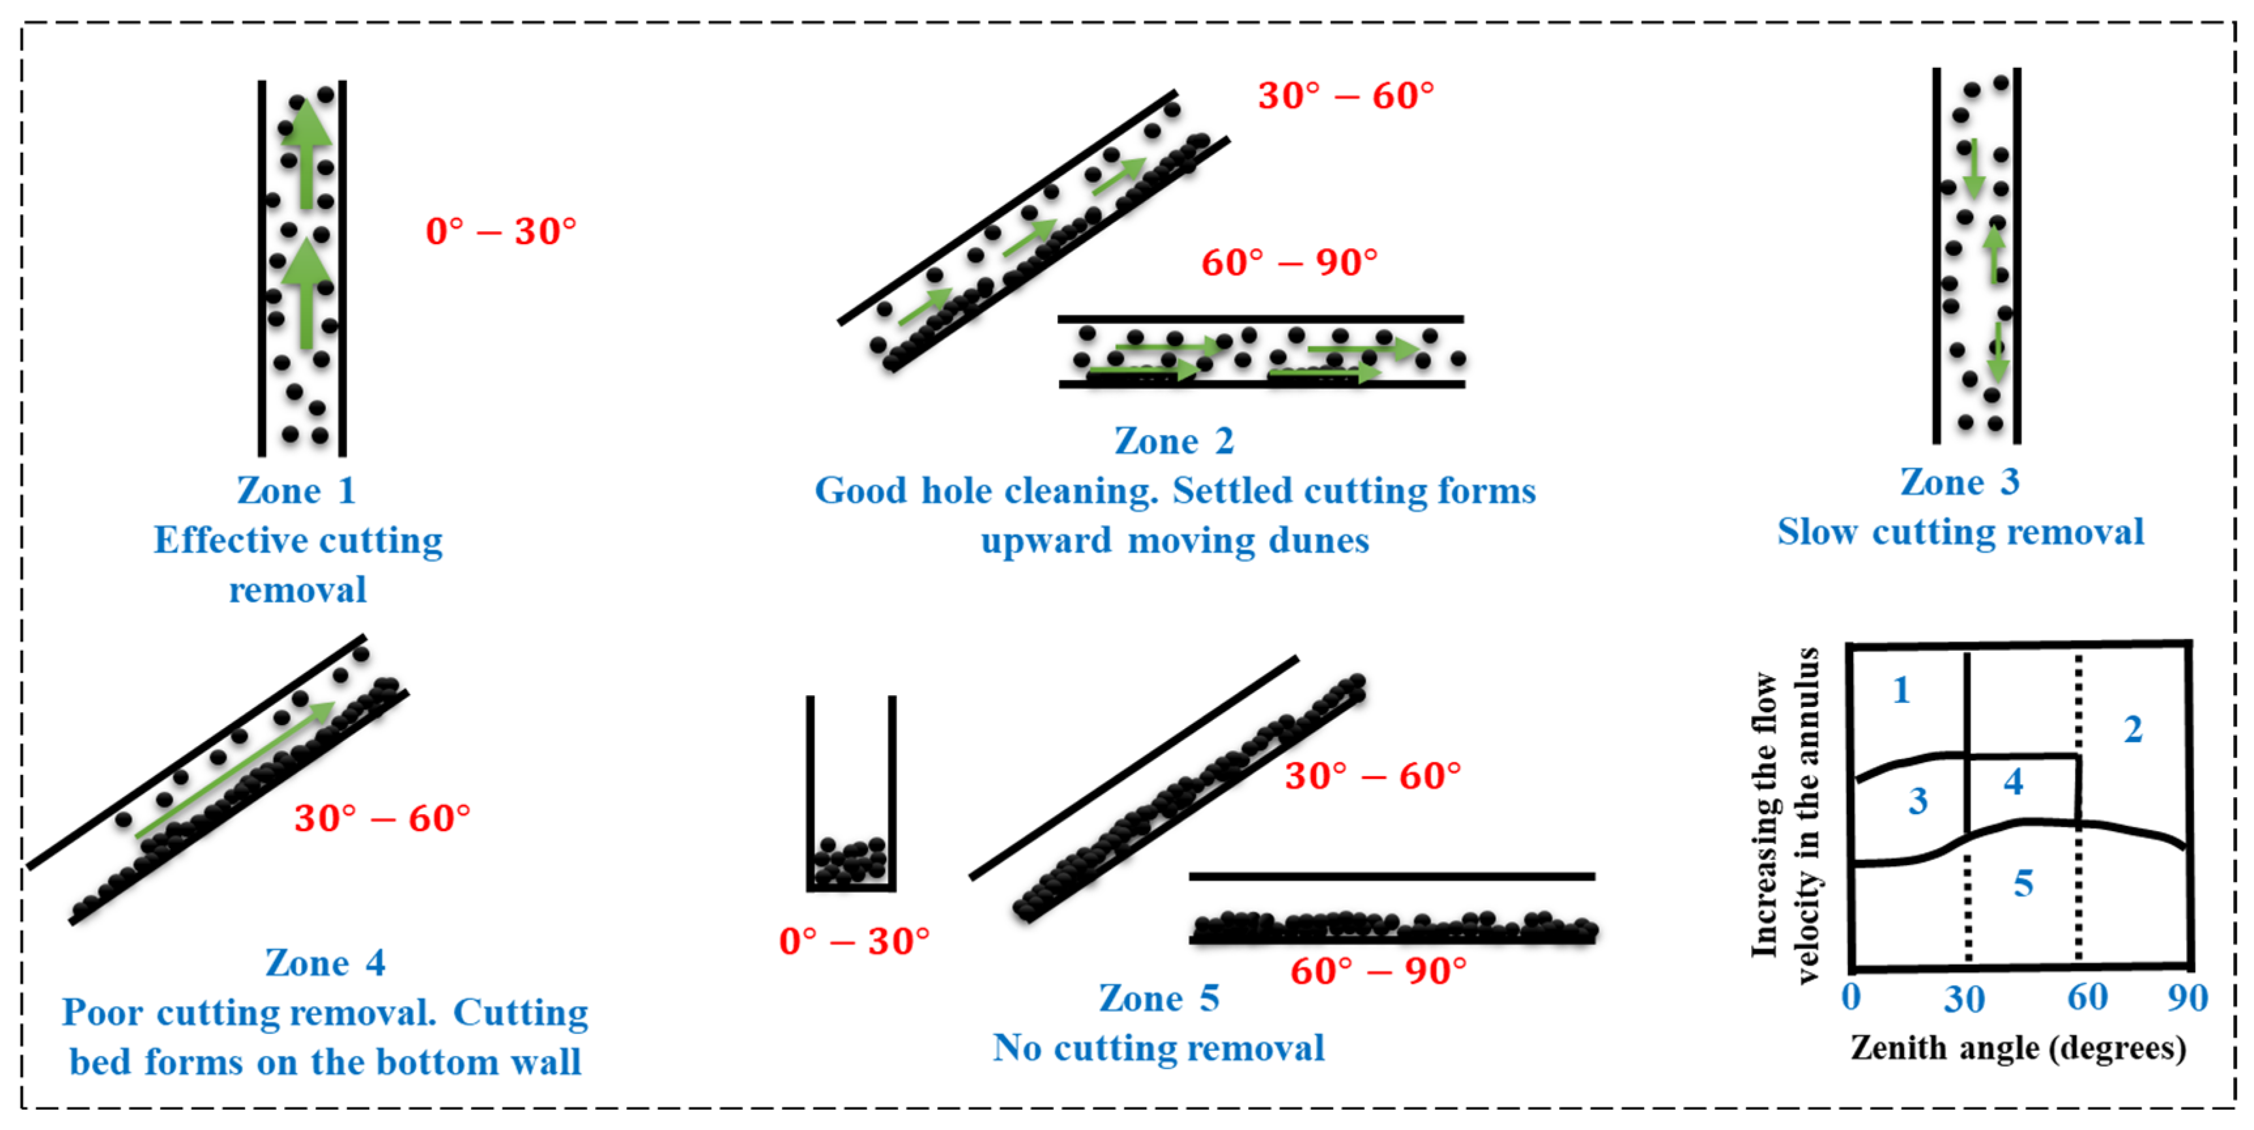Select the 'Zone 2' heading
click(x=1174, y=440)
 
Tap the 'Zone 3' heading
click(x=1959, y=481)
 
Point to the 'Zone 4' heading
click(x=325, y=962)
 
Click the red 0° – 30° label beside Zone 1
click(x=500, y=231)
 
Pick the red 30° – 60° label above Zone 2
click(x=1345, y=95)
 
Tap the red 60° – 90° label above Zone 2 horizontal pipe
click(x=1289, y=262)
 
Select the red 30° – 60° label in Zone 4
click(x=382, y=818)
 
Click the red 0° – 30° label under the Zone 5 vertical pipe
click(x=854, y=941)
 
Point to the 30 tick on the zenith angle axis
click(x=1965, y=998)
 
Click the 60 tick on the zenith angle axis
click(x=2087, y=997)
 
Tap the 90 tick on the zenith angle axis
click(x=2187, y=997)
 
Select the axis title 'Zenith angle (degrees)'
click(x=2018, y=1047)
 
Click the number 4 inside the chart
click(x=2014, y=781)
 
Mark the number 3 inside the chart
click(x=1918, y=800)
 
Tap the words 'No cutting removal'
click(x=1159, y=1047)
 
